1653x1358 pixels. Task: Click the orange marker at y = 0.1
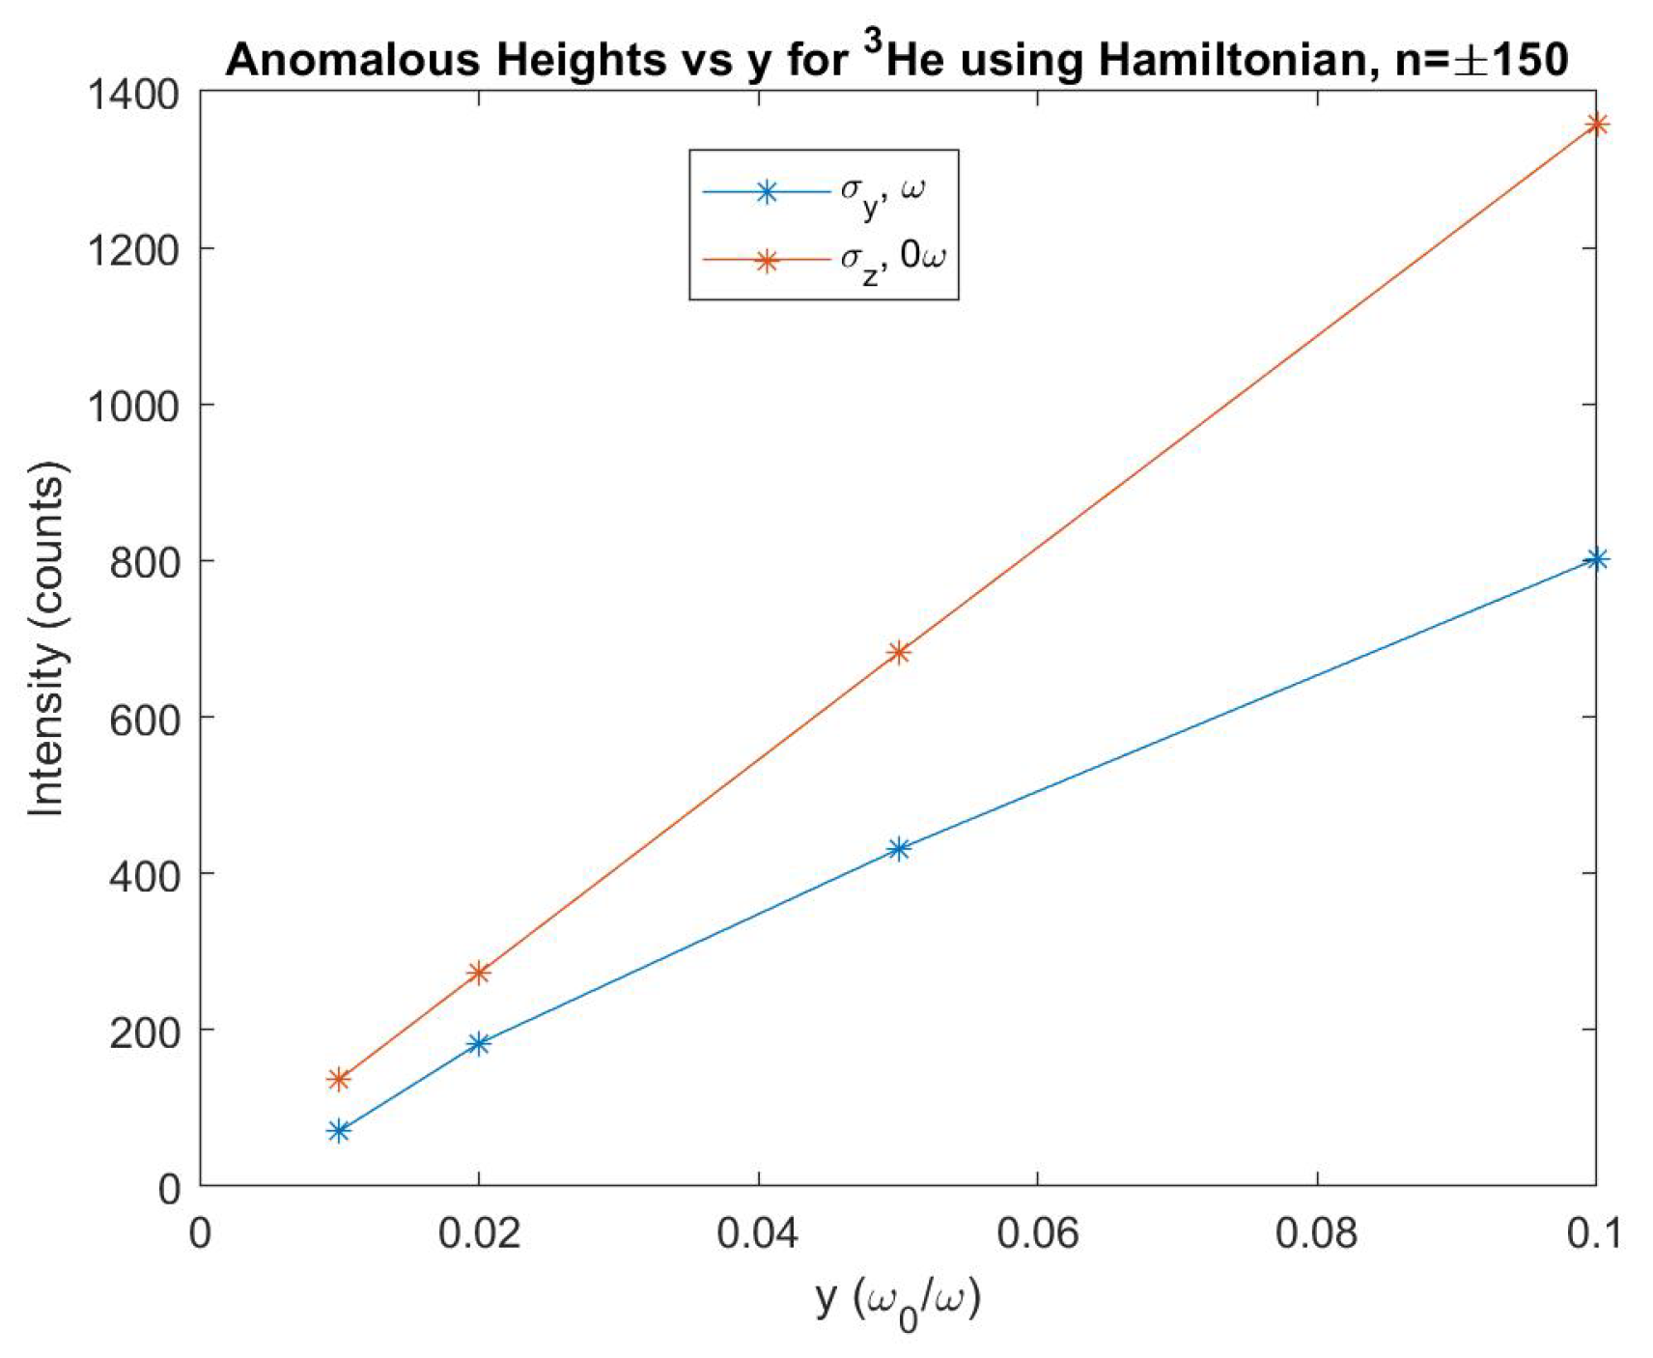coord(1596,124)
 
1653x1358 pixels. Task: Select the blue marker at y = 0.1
coord(1596,559)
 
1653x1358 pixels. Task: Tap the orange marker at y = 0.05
coord(898,653)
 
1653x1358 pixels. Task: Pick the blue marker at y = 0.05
coord(898,849)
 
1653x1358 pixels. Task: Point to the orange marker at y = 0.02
coord(479,973)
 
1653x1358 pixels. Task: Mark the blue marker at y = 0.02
coord(479,1043)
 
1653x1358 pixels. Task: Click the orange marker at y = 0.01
coord(339,1079)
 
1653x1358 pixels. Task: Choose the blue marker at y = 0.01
coord(339,1130)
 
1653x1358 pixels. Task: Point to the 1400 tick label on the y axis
coord(133,95)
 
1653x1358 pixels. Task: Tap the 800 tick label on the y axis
coord(145,562)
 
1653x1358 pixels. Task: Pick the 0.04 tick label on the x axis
coord(758,1233)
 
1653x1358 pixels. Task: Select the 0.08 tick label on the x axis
coord(1316,1233)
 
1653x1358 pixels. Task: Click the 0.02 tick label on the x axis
coord(479,1233)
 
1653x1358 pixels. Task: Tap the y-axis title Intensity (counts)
coord(45,639)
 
